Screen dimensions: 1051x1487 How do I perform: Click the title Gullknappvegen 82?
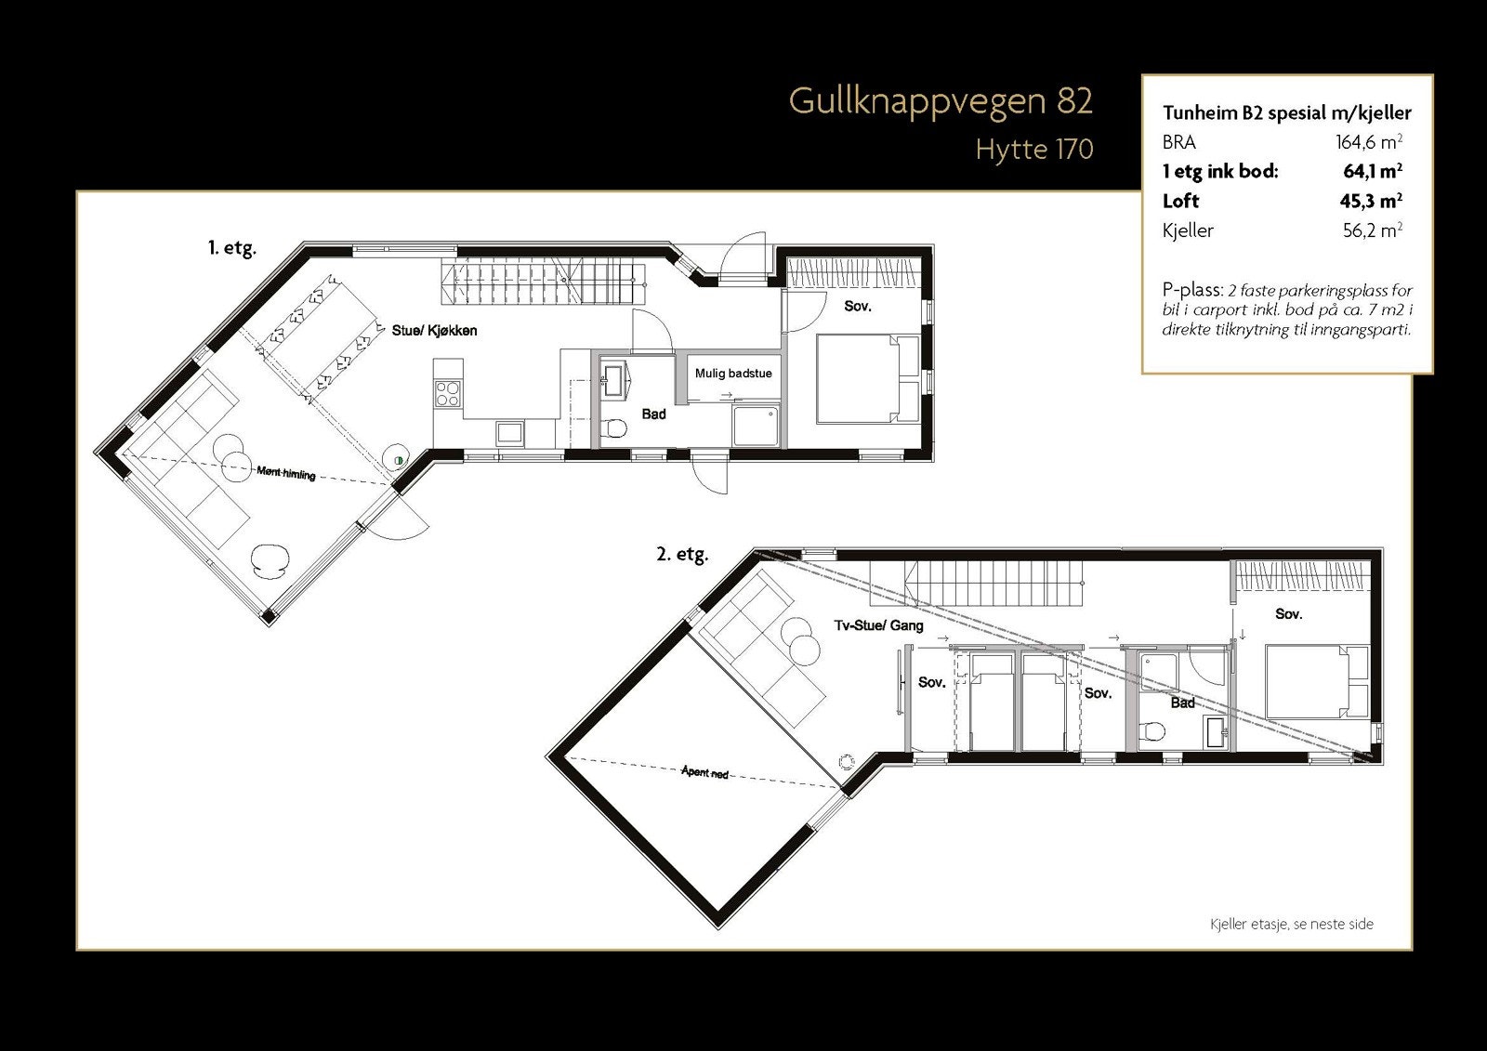point(941,101)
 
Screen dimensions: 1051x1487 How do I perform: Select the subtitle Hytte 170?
point(1033,149)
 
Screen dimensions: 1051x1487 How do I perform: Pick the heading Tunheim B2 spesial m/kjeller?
point(1286,113)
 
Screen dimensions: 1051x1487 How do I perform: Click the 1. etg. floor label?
point(231,248)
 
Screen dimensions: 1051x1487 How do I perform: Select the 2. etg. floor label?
point(682,555)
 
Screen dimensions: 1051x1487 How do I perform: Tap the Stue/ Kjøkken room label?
point(434,331)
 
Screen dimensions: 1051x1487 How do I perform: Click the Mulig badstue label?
point(733,374)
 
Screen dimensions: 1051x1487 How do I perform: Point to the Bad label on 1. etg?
point(653,414)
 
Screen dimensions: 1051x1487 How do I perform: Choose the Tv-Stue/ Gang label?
point(878,625)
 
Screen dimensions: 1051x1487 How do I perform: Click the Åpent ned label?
point(704,772)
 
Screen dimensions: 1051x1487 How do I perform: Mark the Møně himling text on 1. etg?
point(286,474)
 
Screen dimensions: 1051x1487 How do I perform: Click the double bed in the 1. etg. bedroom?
point(865,379)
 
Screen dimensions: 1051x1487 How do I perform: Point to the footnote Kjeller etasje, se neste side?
point(1291,924)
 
